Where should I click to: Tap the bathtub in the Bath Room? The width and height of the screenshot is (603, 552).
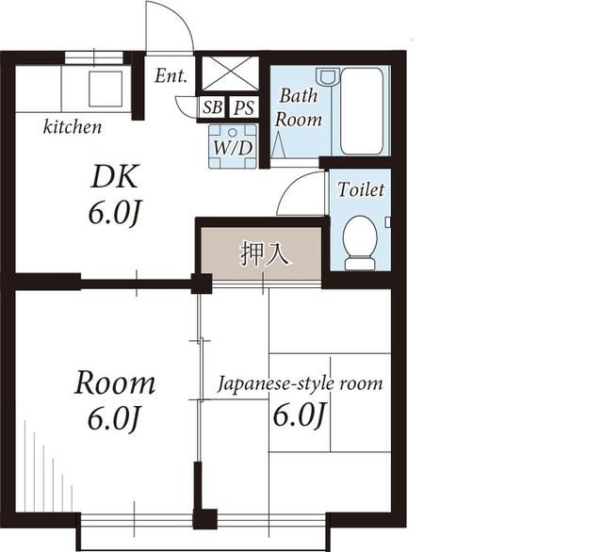pos(362,111)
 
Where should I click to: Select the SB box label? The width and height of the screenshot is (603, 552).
pos(212,107)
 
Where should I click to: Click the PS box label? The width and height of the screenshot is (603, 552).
pos(244,107)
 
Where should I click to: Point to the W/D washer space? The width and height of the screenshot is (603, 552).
pos(233,146)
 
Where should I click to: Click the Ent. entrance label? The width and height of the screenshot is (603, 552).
pos(171,75)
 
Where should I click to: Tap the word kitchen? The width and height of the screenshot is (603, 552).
pos(73,127)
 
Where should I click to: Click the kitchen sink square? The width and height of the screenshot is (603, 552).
pos(106,89)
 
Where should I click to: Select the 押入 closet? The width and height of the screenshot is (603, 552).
pos(263,253)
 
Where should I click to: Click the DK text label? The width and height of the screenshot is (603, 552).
pos(115,177)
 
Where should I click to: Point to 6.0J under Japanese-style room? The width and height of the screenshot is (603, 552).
pos(300,416)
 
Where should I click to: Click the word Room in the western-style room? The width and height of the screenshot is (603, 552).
pos(115,382)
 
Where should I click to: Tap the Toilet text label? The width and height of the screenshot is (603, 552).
pos(361,189)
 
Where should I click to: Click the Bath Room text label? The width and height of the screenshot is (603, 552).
pos(299,107)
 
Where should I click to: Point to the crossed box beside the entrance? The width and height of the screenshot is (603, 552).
pos(230,73)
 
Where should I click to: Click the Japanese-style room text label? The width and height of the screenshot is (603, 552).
pos(301,384)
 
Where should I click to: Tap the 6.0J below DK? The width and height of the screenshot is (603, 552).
pos(113,213)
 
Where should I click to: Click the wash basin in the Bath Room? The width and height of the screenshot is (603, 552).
pos(328,76)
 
